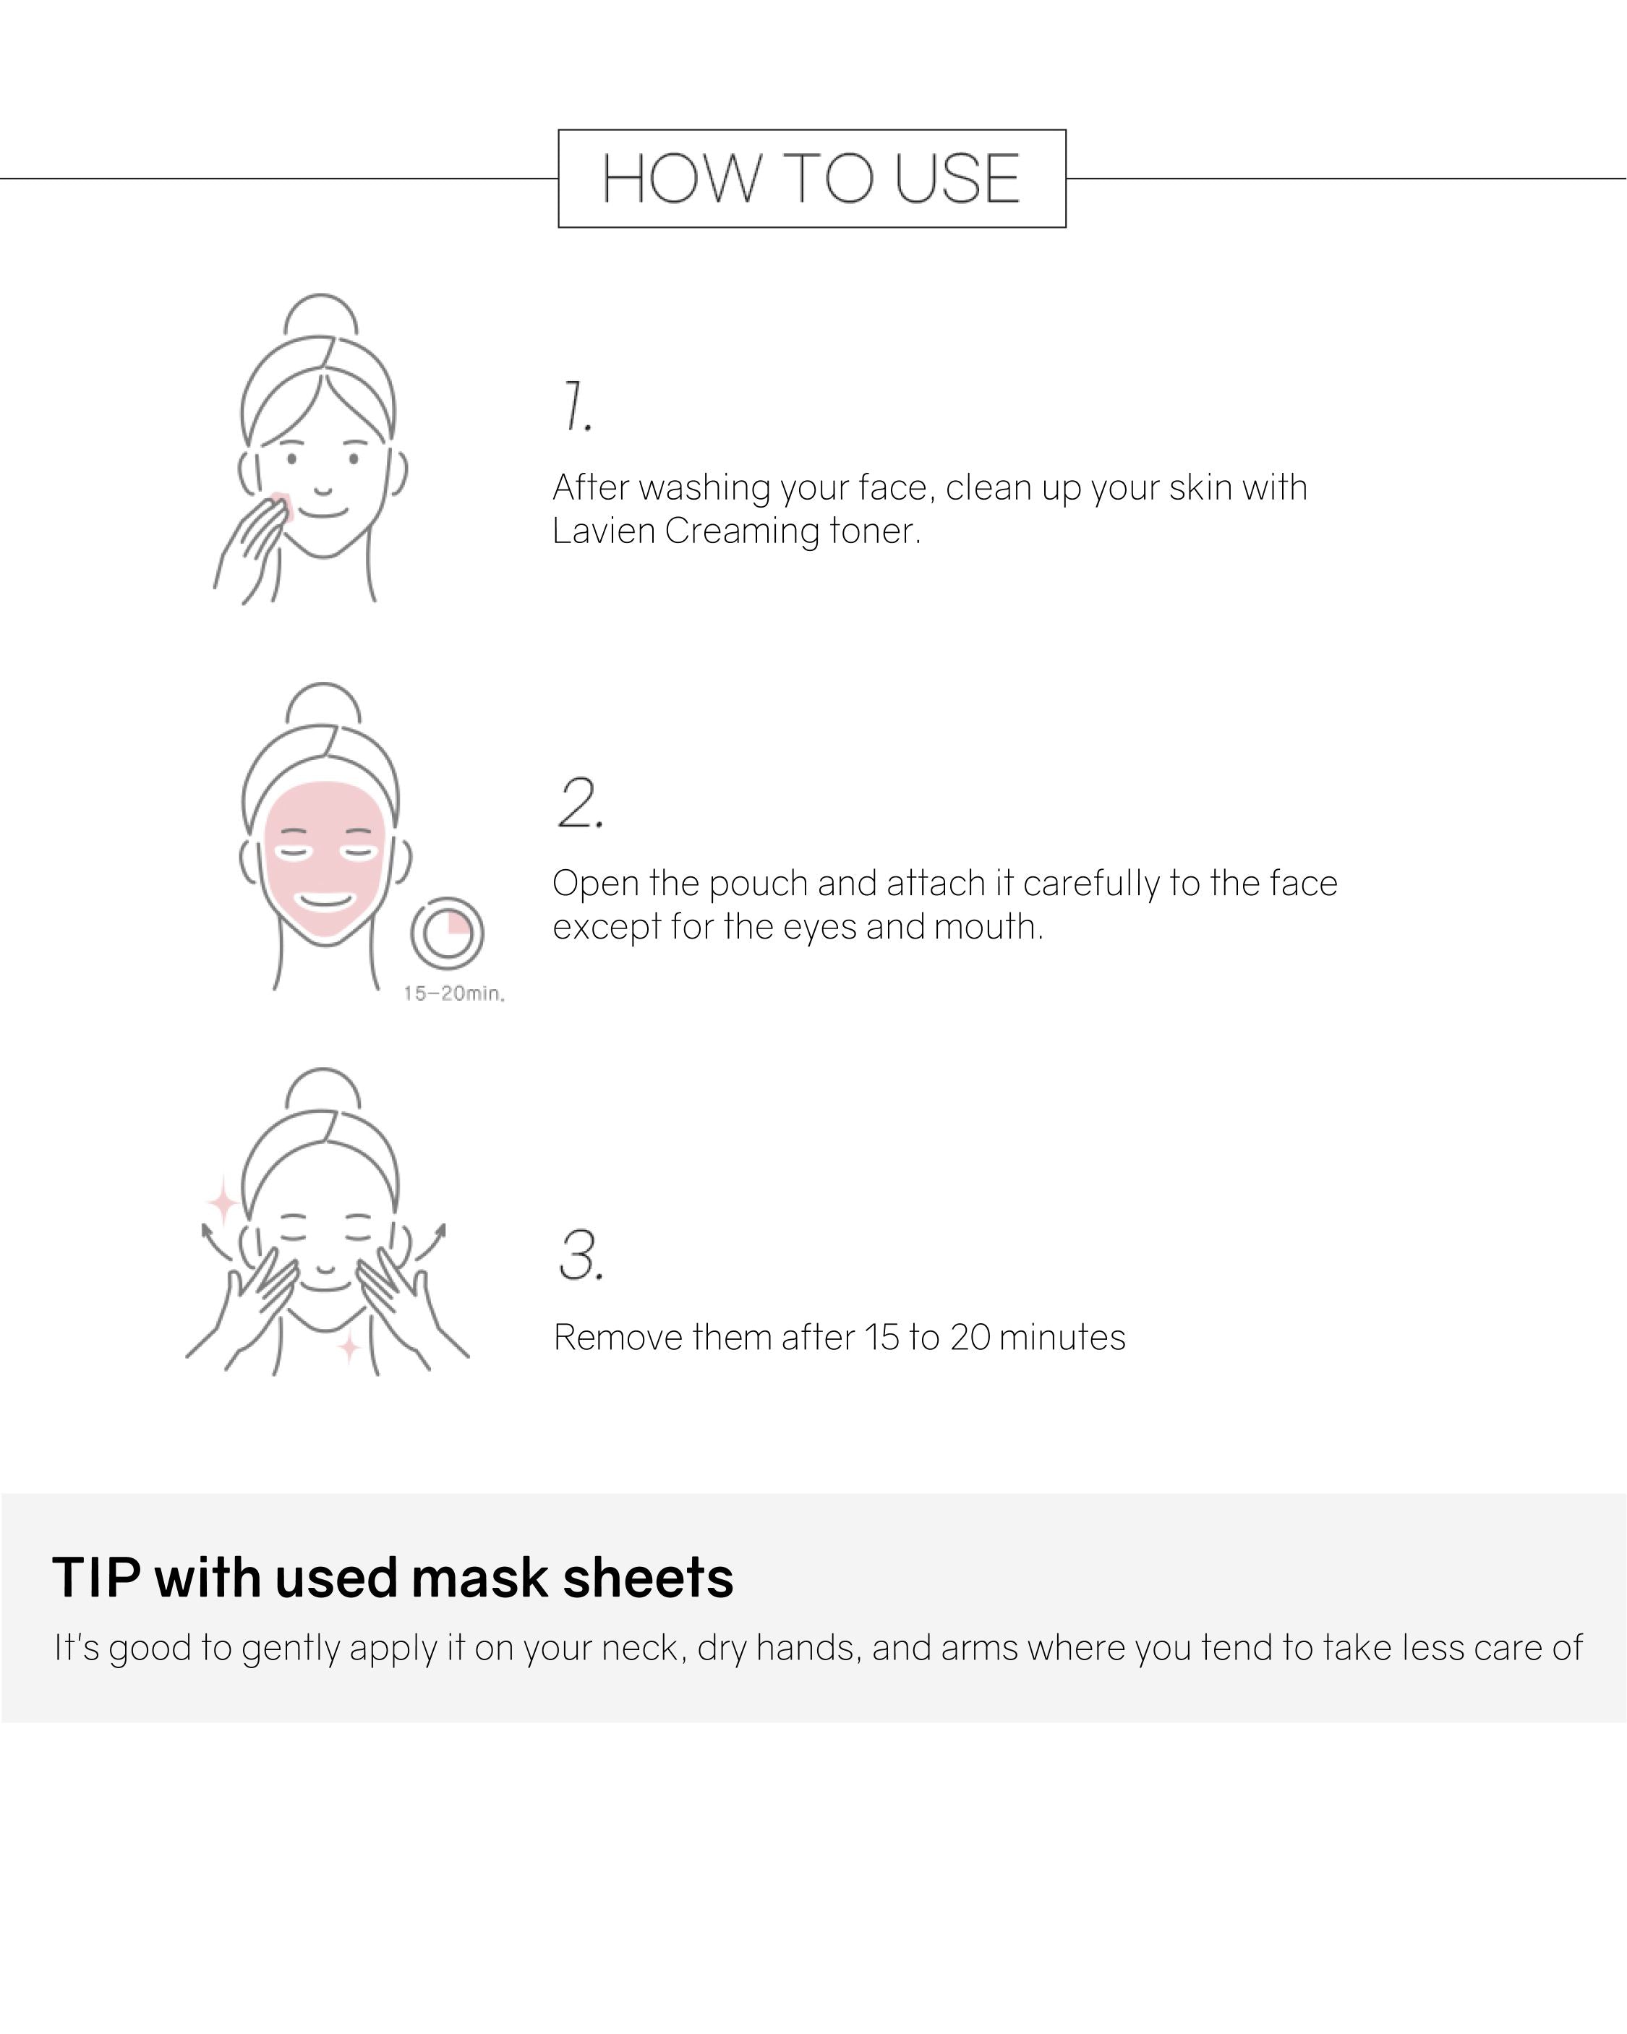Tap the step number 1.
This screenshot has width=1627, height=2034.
[576, 406]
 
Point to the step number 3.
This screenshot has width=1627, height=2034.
[581, 1256]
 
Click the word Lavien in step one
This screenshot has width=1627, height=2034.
[604, 531]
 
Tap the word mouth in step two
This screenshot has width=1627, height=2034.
[989, 928]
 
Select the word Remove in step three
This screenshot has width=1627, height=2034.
[618, 1338]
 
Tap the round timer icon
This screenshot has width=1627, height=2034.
[448, 933]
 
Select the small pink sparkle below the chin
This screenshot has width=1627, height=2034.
[349, 1348]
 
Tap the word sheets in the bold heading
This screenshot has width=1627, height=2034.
[649, 1578]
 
